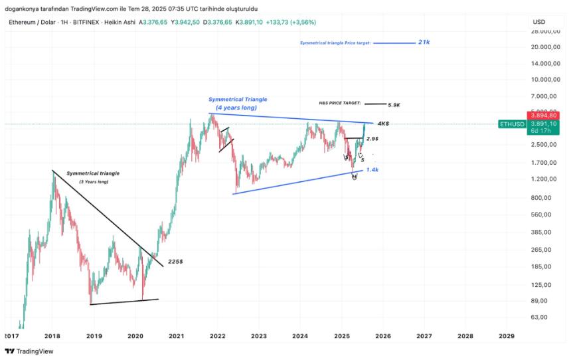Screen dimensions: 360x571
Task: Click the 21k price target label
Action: coord(424,42)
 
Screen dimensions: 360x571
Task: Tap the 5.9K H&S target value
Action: coord(394,104)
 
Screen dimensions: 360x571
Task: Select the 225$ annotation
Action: coord(176,261)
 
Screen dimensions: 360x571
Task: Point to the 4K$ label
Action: coord(383,124)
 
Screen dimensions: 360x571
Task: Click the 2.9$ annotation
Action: coord(372,139)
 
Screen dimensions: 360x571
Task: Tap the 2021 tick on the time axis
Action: coord(177,337)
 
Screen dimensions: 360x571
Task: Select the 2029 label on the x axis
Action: coord(506,337)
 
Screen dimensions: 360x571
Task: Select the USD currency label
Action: coord(538,23)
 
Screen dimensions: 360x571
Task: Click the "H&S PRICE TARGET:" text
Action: coord(339,104)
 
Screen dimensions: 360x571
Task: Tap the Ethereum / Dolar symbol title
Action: coord(33,23)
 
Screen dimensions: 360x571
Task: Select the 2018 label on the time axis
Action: coord(53,337)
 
